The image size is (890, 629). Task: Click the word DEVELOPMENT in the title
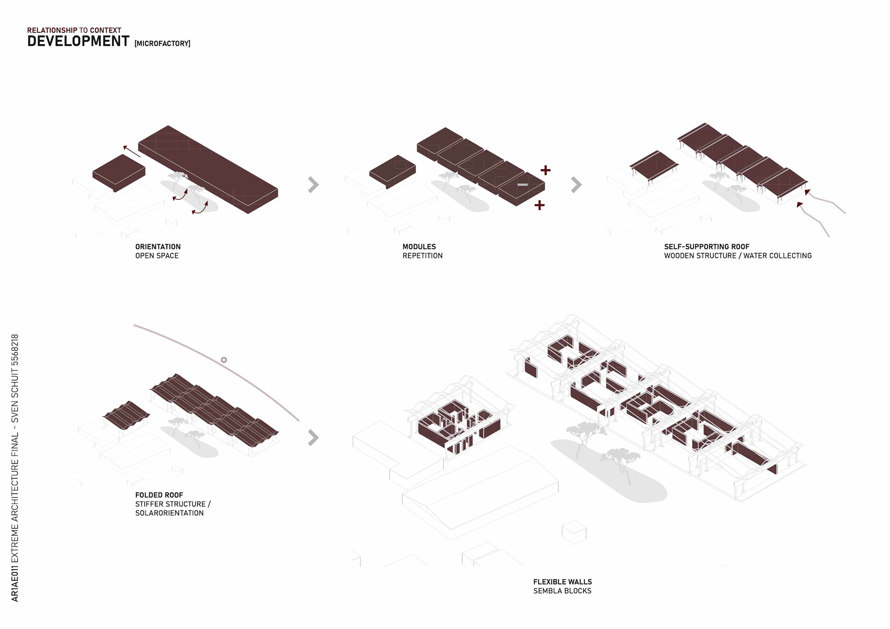tap(78, 41)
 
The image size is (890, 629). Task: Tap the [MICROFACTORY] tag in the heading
tap(162, 44)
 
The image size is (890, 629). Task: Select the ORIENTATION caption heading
tap(158, 247)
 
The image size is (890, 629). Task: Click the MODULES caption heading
tap(419, 247)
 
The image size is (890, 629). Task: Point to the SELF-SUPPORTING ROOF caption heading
tap(706, 247)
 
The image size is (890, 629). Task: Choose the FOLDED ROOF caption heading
tap(159, 495)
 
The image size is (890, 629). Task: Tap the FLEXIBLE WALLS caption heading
tap(562, 582)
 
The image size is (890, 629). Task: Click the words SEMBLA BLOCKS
tap(562, 591)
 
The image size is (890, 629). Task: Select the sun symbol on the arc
tap(224, 360)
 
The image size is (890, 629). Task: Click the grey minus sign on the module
tap(522, 184)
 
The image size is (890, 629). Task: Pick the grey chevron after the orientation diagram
tap(313, 184)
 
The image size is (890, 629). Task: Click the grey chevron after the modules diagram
tap(576, 184)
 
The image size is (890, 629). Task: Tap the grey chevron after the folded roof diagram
tap(313, 437)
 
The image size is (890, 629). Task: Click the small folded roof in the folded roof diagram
tap(126, 414)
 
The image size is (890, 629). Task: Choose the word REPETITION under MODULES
tap(422, 256)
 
